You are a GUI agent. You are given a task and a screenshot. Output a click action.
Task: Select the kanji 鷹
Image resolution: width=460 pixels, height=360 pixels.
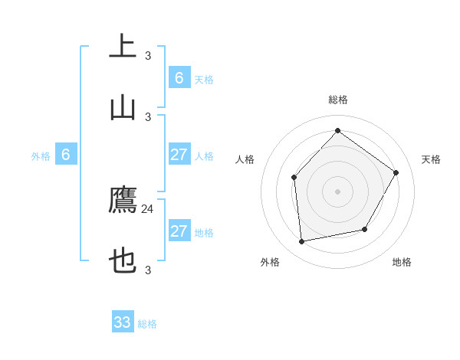tap(123, 201)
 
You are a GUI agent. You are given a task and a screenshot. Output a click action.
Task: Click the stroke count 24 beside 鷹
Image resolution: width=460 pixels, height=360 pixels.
tap(148, 208)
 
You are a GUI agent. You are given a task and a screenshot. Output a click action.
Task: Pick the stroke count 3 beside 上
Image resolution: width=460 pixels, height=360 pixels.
tap(148, 55)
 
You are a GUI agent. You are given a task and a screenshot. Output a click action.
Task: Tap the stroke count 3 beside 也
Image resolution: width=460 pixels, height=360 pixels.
tap(148, 270)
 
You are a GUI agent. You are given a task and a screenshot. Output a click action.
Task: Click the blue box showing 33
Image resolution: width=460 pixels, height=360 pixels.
tap(123, 322)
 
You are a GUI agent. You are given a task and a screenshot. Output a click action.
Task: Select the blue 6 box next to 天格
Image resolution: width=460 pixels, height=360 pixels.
tap(179, 77)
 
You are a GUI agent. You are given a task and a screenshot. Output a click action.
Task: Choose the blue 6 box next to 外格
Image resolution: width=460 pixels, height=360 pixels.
tap(66, 155)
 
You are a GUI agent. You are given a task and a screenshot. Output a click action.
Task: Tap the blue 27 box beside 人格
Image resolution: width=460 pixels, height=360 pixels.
tap(179, 155)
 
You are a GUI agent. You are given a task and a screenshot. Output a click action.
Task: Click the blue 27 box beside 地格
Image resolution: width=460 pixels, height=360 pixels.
tap(179, 231)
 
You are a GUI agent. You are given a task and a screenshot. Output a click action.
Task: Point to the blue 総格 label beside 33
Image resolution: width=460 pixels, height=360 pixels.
tap(147, 324)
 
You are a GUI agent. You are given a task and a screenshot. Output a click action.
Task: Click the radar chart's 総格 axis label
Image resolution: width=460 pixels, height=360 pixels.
tap(337, 100)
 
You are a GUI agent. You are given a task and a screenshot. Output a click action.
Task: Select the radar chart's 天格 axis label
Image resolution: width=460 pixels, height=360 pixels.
tap(431, 159)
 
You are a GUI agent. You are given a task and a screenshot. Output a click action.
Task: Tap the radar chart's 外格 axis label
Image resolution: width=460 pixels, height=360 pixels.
tap(270, 262)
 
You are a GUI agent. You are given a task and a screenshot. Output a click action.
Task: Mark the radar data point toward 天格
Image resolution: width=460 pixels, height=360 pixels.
tap(396, 172)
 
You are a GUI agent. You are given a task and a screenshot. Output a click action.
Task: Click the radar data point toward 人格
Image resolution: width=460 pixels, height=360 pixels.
tap(294, 178)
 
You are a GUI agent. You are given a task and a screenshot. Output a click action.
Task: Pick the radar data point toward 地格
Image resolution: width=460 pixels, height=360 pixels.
tap(365, 229)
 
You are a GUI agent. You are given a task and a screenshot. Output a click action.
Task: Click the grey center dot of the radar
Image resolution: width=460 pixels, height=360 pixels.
tap(337, 191)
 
